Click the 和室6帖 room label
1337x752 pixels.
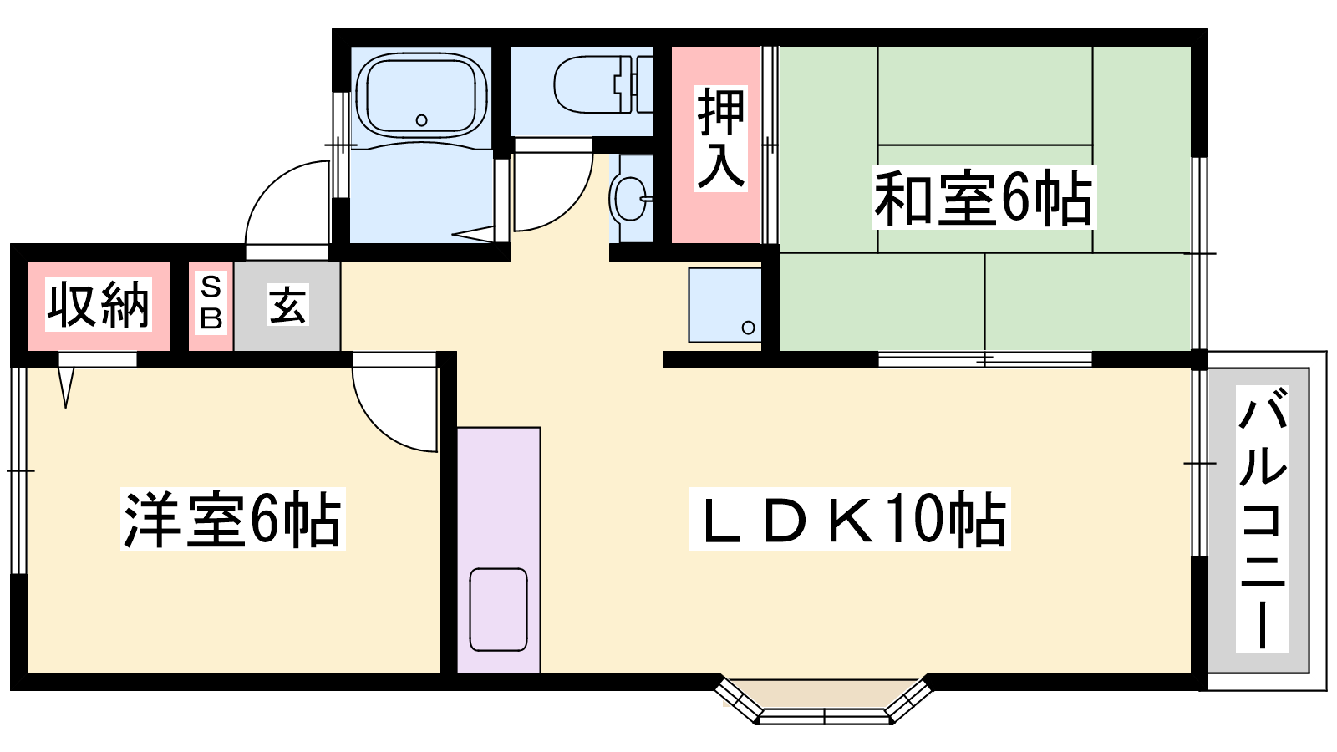pos(984,198)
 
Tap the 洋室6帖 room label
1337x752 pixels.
pos(233,519)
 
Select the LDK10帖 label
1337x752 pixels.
pos(849,519)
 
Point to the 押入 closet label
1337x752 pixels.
pos(721,139)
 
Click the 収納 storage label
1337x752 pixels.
pos(99,304)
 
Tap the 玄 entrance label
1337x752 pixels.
pos(287,305)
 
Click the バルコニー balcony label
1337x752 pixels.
pos(1262,519)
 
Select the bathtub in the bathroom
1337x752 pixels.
pos(421,96)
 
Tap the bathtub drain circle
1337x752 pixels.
pos(421,120)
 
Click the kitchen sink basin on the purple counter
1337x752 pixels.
pos(498,609)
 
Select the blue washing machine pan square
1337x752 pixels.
pos(724,305)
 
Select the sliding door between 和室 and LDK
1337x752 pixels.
pos(985,359)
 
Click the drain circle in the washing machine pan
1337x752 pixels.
pos(749,327)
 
